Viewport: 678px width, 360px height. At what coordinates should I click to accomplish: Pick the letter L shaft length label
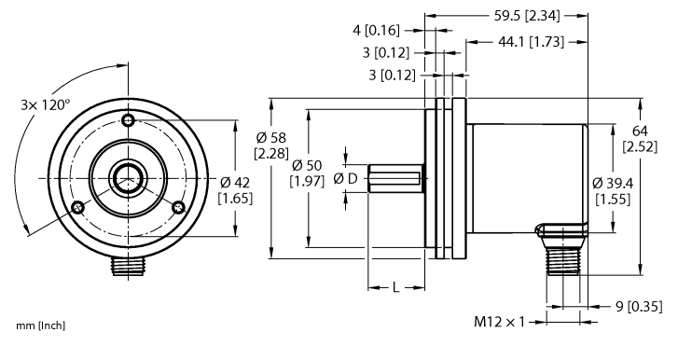pos(395,288)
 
